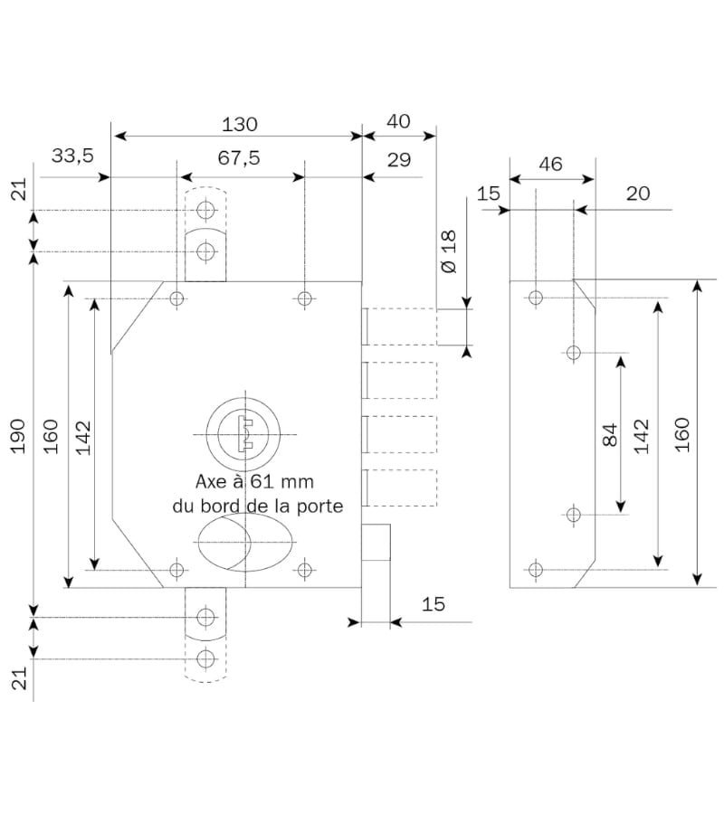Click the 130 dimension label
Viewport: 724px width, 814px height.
pos(239,123)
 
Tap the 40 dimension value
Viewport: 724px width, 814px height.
pos(398,121)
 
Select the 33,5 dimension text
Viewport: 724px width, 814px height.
pos(72,156)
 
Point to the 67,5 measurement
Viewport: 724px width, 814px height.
pos(239,157)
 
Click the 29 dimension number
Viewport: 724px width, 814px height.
pos(398,160)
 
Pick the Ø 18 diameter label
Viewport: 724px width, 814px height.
pos(448,252)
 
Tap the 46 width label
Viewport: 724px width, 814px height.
pos(550,164)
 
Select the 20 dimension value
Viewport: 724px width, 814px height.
pos(637,194)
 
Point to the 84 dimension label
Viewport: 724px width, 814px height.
pos(609,435)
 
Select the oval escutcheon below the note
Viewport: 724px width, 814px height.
pos(243,541)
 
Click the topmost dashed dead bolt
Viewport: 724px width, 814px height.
pos(400,327)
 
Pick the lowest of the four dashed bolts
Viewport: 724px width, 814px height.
pos(400,487)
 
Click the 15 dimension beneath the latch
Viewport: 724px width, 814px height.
pos(434,603)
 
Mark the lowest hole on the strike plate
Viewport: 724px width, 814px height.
pos(536,569)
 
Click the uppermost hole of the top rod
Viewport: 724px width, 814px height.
pos(206,212)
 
